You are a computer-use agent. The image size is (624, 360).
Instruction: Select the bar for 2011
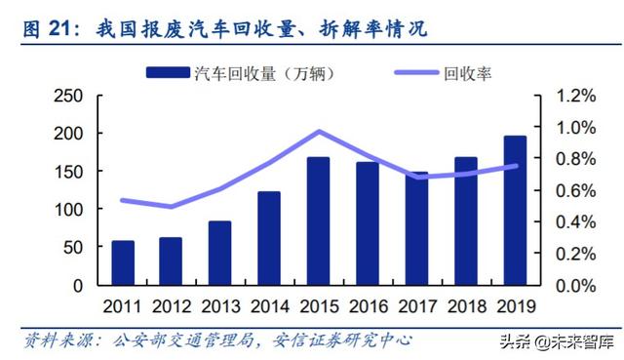[123, 263]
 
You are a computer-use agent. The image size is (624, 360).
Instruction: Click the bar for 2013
[220, 254]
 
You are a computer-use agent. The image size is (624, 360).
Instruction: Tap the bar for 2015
[318, 221]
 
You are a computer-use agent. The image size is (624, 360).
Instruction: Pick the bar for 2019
[514, 211]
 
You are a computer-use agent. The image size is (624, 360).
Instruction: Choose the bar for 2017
[416, 228]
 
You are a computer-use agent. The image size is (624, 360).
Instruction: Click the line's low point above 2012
[172, 207]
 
